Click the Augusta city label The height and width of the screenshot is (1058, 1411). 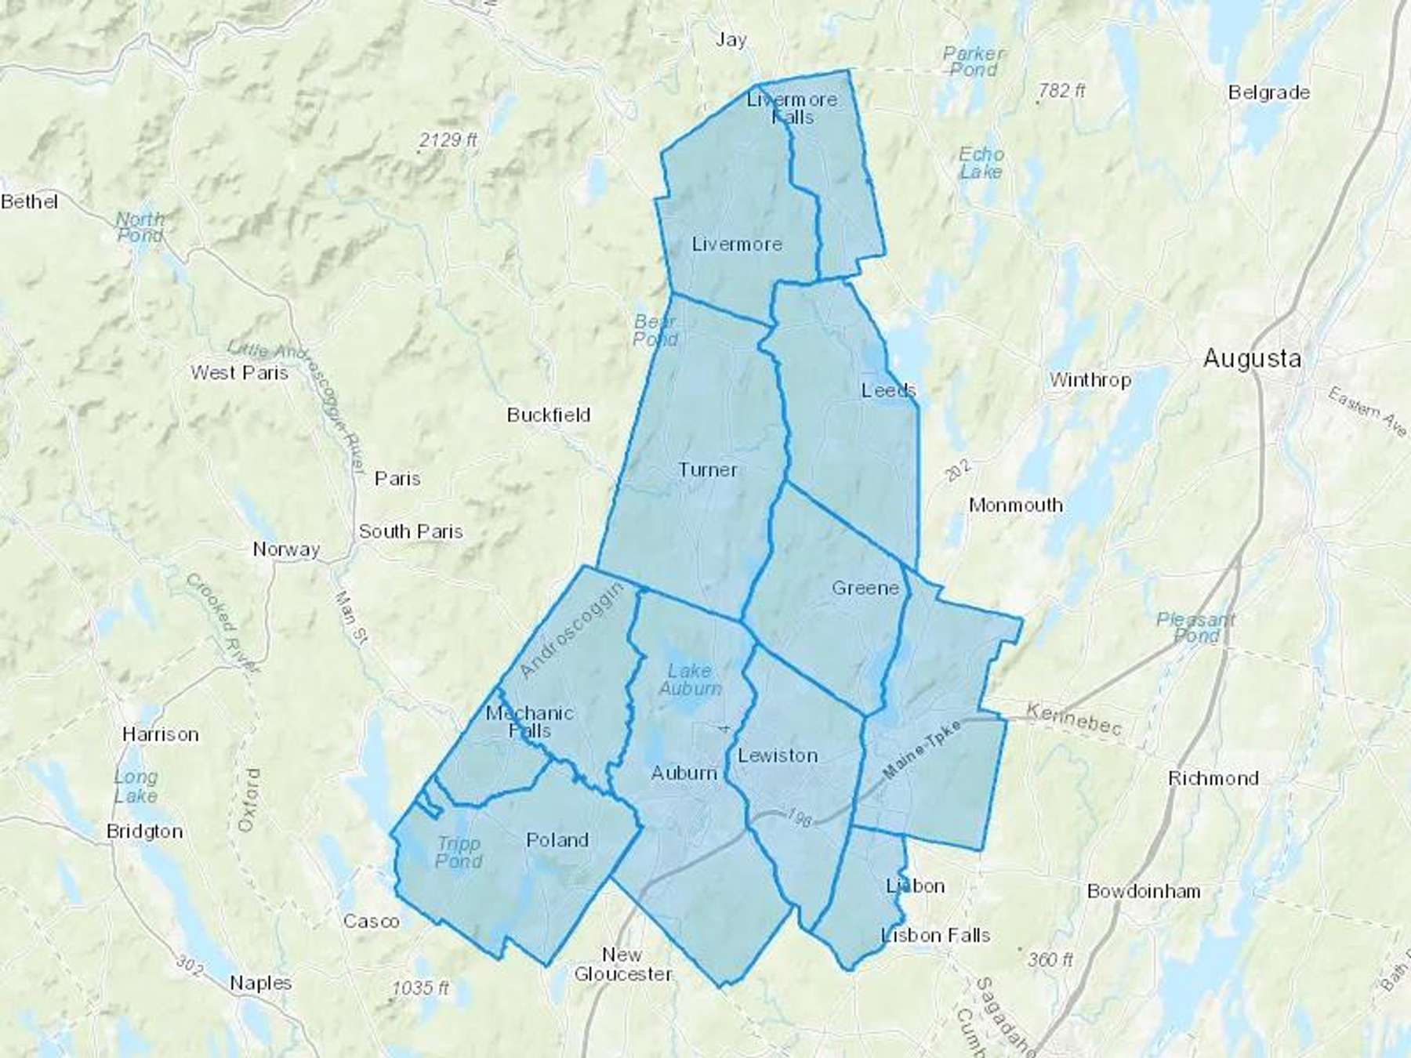click(x=1252, y=359)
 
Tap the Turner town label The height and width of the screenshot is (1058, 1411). click(x=708, y=470)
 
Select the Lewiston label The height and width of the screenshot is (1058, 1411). click(x=778, y=755)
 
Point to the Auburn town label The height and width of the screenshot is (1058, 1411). click(x=684, y=774)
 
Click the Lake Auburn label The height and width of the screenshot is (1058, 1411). click(x=690, y=679)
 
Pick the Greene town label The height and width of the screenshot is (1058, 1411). click(x=865, y=588)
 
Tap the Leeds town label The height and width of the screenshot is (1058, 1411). click(x=888, y=390)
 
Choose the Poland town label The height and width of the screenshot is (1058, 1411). click(x=557, y=840)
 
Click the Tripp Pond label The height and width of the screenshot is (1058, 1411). click(x=459, y=853)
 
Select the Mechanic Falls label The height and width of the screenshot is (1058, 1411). click(x=530, y=722)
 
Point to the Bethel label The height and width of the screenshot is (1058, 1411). click(x=30, y=202)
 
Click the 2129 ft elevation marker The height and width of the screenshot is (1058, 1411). click(x=448, y=140)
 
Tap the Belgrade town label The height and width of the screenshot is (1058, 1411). click(x=1268, y=92)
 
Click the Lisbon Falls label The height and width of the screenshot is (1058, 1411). click(x=936, y=935)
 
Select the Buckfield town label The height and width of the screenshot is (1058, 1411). click(x=549, y=415)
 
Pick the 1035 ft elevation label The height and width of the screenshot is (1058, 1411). click(x=421, y=988)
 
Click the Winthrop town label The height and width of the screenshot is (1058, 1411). click(x=1090, y=380)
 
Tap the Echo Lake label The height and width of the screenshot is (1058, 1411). click(x=981, y=163)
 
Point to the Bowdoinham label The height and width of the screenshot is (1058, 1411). click(x=1144, y=891)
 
